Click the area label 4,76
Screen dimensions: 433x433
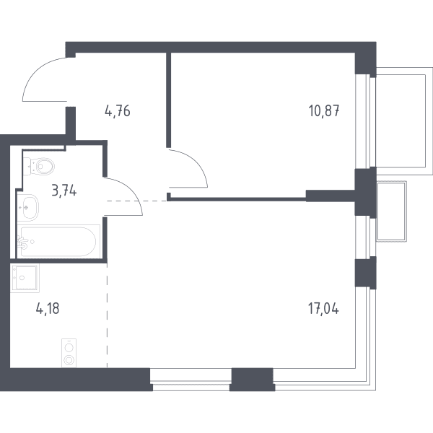click(x=118, y=111)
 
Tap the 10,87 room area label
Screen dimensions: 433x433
click(x=324, y=110)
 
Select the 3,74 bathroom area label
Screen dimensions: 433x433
click(x=64, y=191)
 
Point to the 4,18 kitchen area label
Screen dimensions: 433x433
click(x=48, y=308)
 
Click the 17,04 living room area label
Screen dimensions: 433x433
click(x=323, y=308)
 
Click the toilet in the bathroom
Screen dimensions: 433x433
click(x=39, y=166)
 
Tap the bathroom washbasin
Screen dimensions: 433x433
click(x=27, y=207)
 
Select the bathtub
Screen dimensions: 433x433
click(x=58, y=242)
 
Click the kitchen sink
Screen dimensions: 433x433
click(x=25, y=278)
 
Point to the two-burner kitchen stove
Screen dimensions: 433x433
click(x=69, y=353)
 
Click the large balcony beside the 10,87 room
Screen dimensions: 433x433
click(x=404, y=121)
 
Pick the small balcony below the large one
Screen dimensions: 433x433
click(x=392, y=211)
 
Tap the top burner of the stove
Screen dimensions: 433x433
click(x=69, y=347)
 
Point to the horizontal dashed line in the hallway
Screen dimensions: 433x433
click(x=137, y=201)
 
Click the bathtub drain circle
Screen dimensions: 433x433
click(x=32, y=242)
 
